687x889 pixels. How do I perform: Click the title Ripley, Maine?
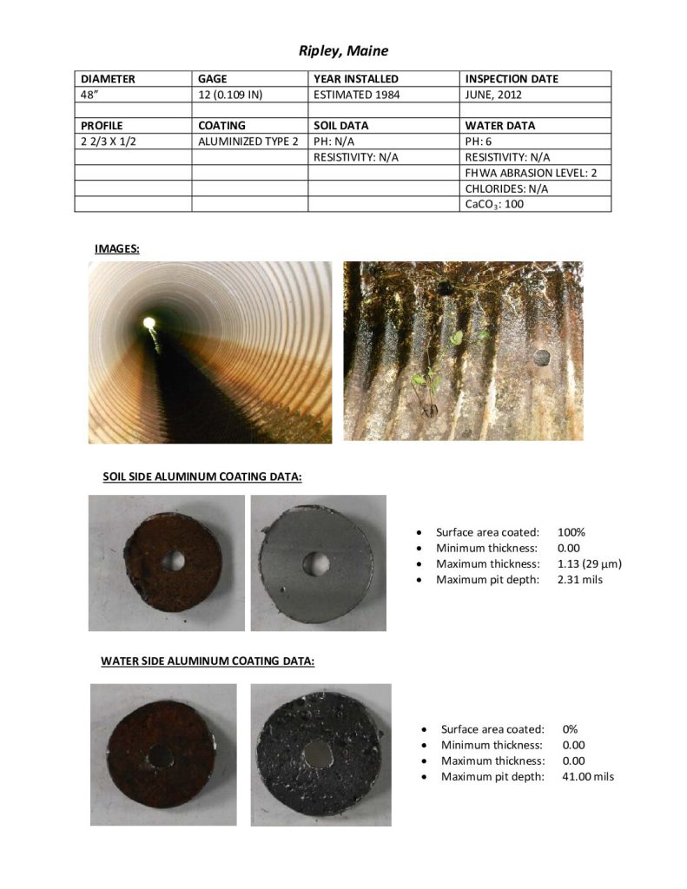click(x=343, y=50)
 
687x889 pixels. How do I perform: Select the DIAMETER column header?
click(x=108, y=79)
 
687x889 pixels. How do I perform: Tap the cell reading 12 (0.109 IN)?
click(x=230, y=95)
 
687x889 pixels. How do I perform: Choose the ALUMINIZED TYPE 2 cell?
click(x=248, y=142)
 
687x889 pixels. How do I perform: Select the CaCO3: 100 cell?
click(x=494, y=205)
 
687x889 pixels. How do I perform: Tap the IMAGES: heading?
click(x=117, y=249)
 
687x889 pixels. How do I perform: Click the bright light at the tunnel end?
click(x=149, y=324)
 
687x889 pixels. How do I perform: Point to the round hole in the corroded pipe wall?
click(x=540, y=357)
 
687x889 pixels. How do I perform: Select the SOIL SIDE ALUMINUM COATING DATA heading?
click(x=202, y=477)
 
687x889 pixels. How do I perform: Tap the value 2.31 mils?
click(x=579, y=579)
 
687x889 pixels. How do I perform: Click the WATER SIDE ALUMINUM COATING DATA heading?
click(x=208, y=661)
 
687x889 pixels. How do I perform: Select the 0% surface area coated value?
click(x=570, y=729)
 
